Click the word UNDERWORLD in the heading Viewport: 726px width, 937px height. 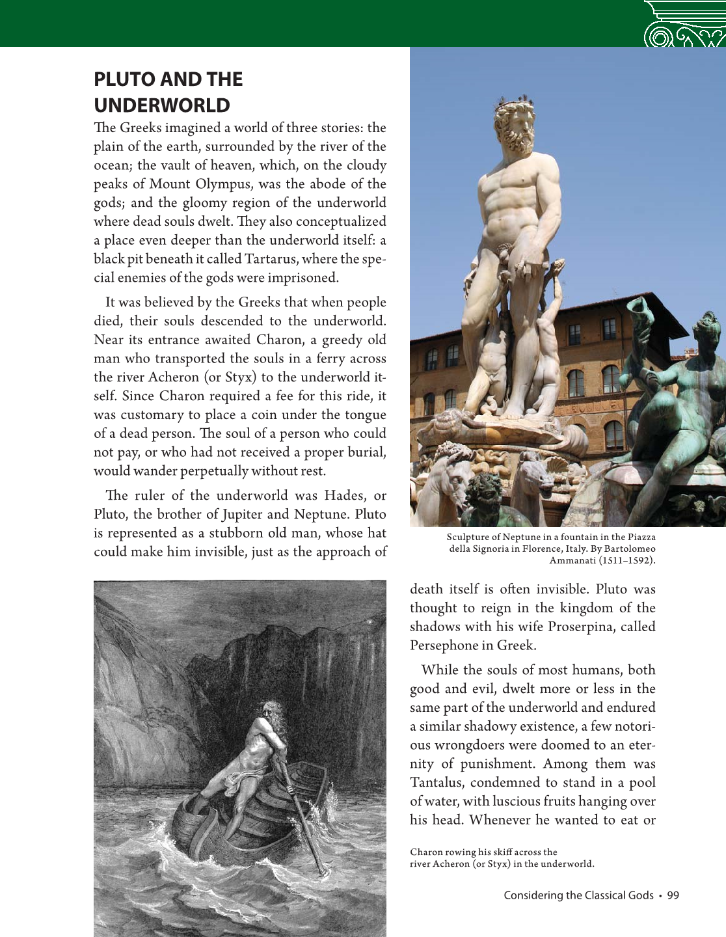tap(162, 105)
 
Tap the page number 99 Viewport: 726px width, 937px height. tap(673, 895)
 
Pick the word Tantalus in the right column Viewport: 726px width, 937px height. tap(437, 782)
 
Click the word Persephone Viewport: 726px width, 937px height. tap(443, 645)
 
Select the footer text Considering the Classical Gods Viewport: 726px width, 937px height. tap(578, 895)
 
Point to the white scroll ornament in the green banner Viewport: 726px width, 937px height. tap(683, 29)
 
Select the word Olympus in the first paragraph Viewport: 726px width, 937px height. tap(220, 184)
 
